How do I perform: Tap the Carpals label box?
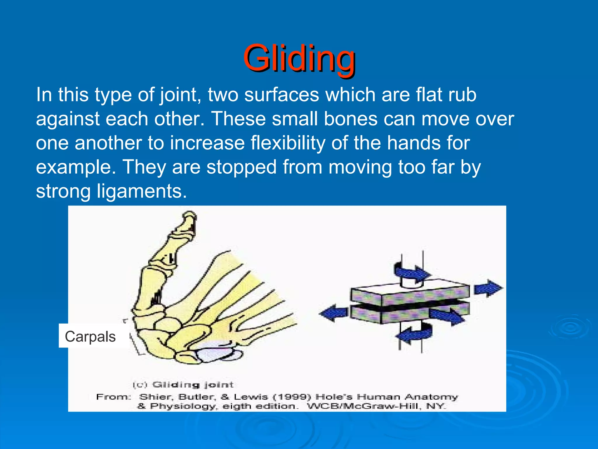[x=90, y=336]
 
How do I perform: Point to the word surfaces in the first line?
[x=281, y=95]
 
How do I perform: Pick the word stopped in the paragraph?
[x=241, y=167]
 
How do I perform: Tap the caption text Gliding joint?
[x=193, y=384]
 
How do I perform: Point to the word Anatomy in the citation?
[x=431, y=397]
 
